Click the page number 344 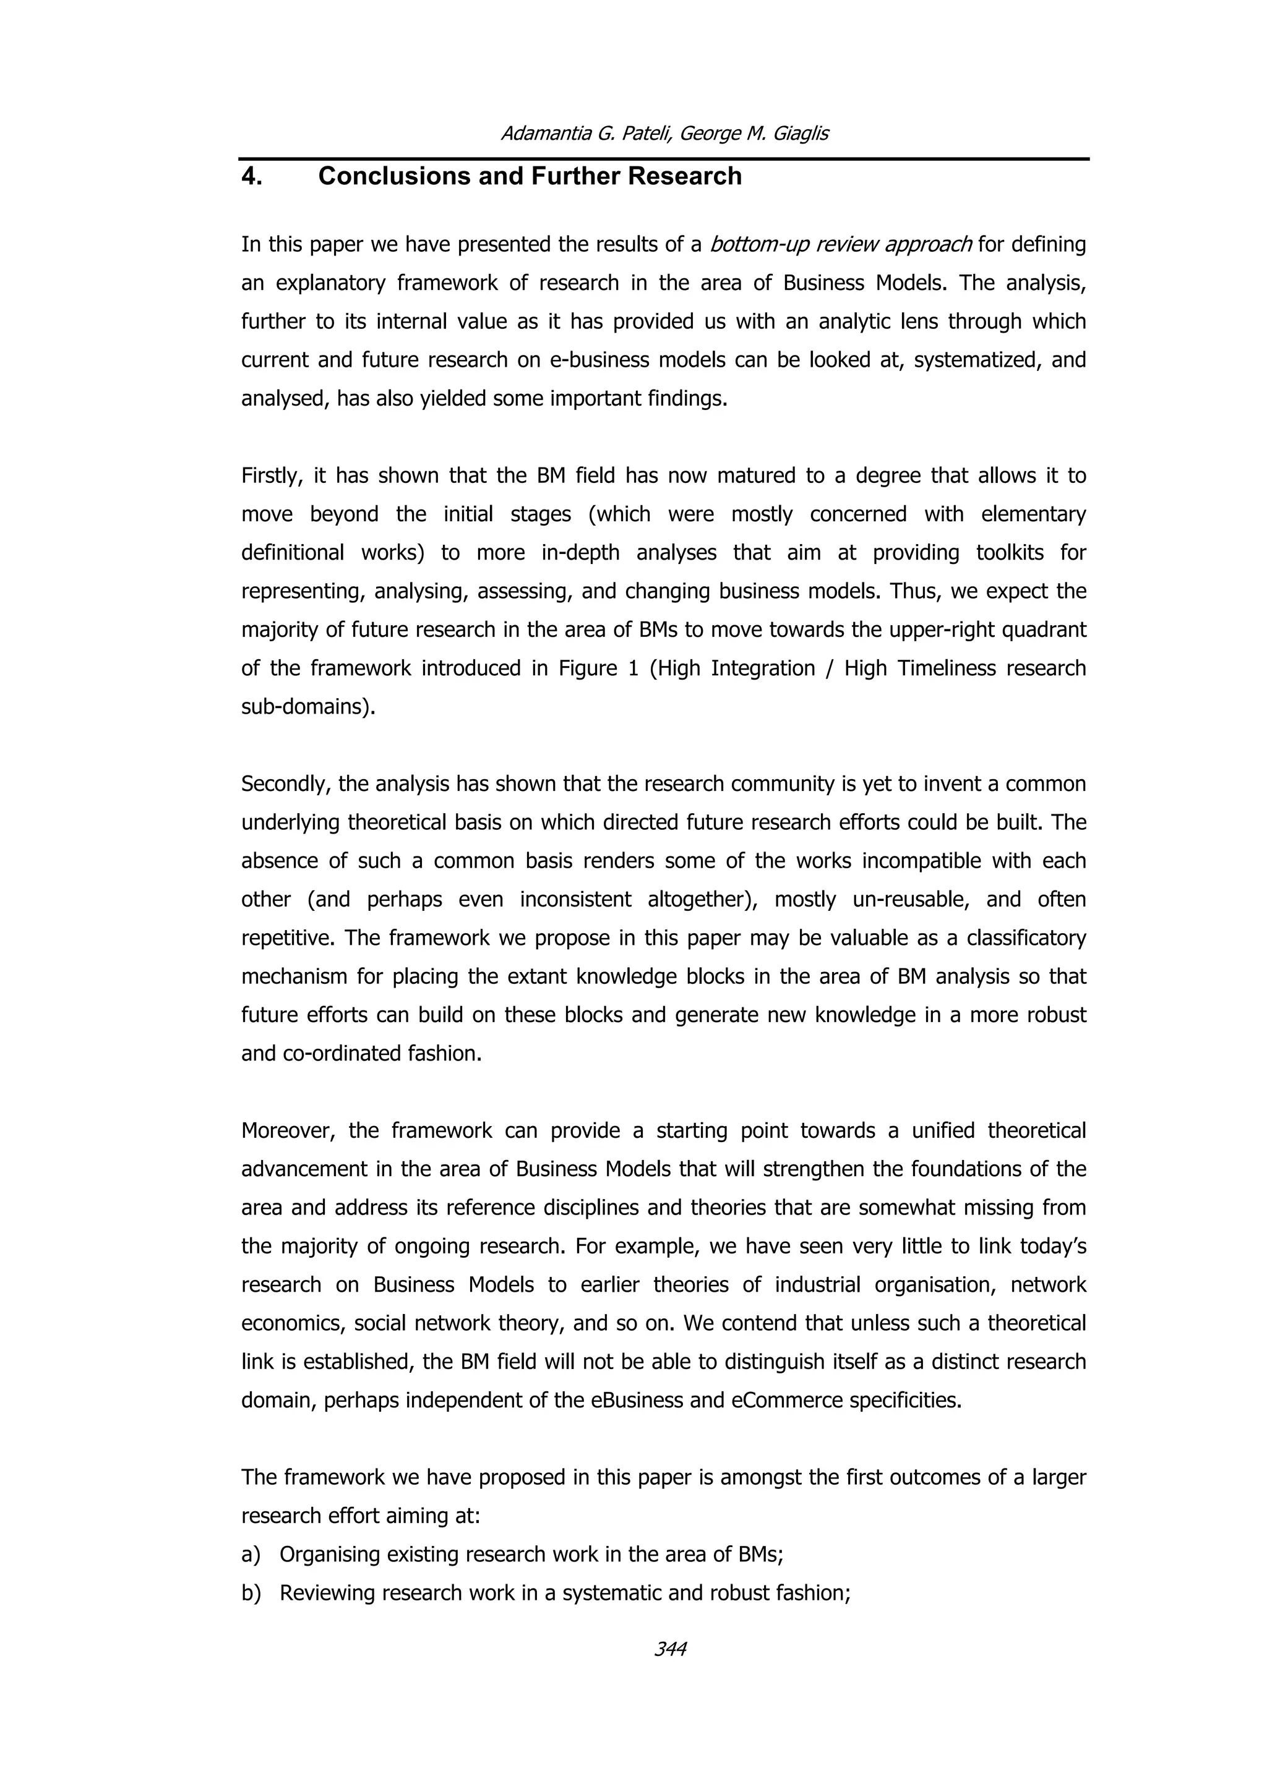670,1649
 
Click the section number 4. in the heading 251,176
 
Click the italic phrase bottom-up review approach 840,245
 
